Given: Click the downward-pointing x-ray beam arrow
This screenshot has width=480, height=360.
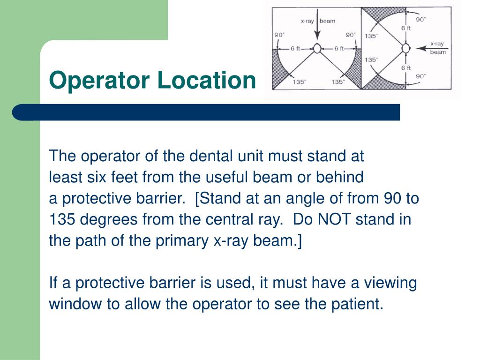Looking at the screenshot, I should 317,31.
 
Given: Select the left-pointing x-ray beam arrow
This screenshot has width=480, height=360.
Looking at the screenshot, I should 428,48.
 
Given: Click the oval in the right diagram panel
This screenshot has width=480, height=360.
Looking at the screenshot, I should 406,48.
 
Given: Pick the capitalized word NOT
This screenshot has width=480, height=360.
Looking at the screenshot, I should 333,220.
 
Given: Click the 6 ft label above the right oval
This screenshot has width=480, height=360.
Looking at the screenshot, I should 406,28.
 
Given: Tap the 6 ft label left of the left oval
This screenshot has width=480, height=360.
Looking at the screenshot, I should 295,48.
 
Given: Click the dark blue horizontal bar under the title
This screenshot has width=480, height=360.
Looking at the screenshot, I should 206,112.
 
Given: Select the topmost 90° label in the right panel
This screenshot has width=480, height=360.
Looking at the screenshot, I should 421,20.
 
